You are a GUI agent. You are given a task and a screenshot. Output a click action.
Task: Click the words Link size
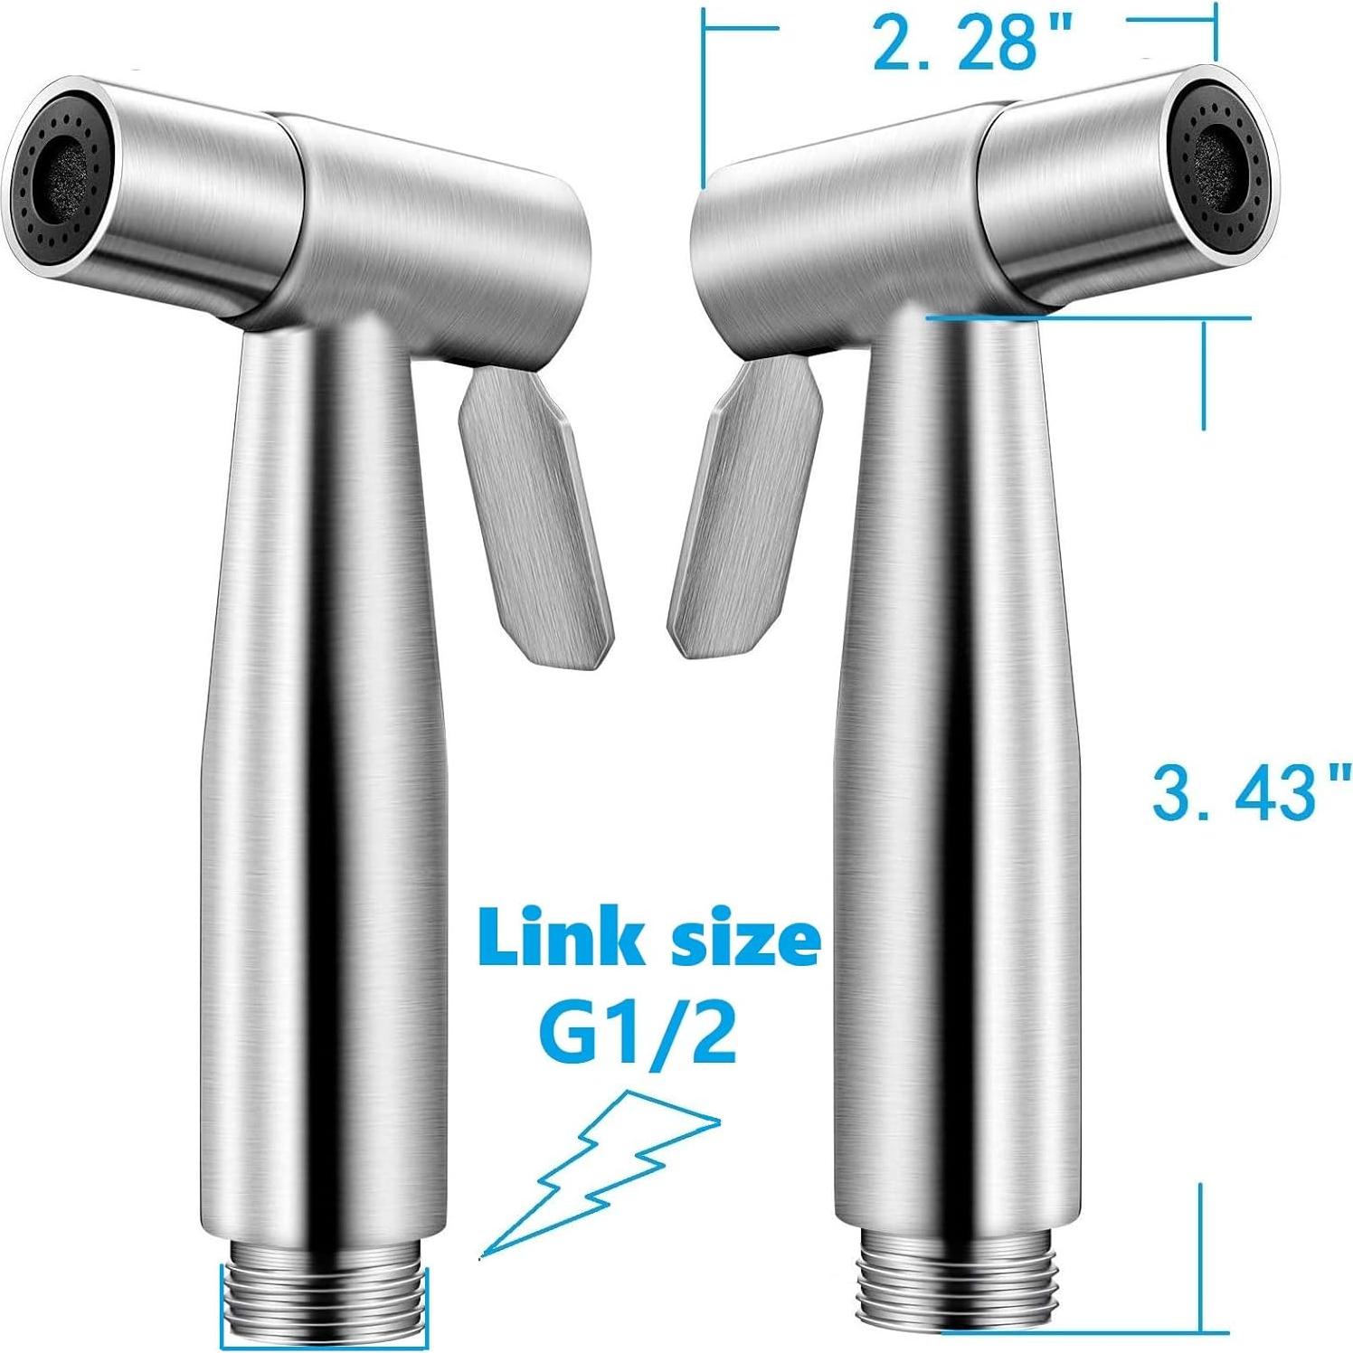click(649, 941)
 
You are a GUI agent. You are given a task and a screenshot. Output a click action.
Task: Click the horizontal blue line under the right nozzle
click(1085, 317)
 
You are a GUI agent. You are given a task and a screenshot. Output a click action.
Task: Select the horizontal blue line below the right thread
click(1085, 1331)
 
